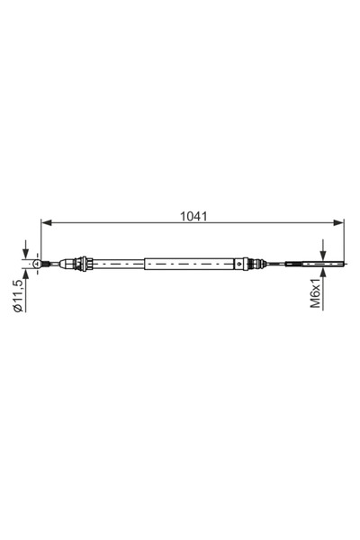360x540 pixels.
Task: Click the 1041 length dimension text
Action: point(194,216)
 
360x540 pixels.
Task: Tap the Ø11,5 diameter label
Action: point(18,296)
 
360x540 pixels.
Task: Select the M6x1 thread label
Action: point(315,293)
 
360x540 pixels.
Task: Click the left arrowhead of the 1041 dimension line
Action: point(46,223)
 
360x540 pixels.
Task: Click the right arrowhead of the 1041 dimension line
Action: point(338,223)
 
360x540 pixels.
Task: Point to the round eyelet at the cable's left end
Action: point(36,264)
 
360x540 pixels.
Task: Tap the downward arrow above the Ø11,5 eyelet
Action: point(25,250)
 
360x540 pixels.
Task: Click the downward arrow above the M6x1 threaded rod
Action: point(323,250)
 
